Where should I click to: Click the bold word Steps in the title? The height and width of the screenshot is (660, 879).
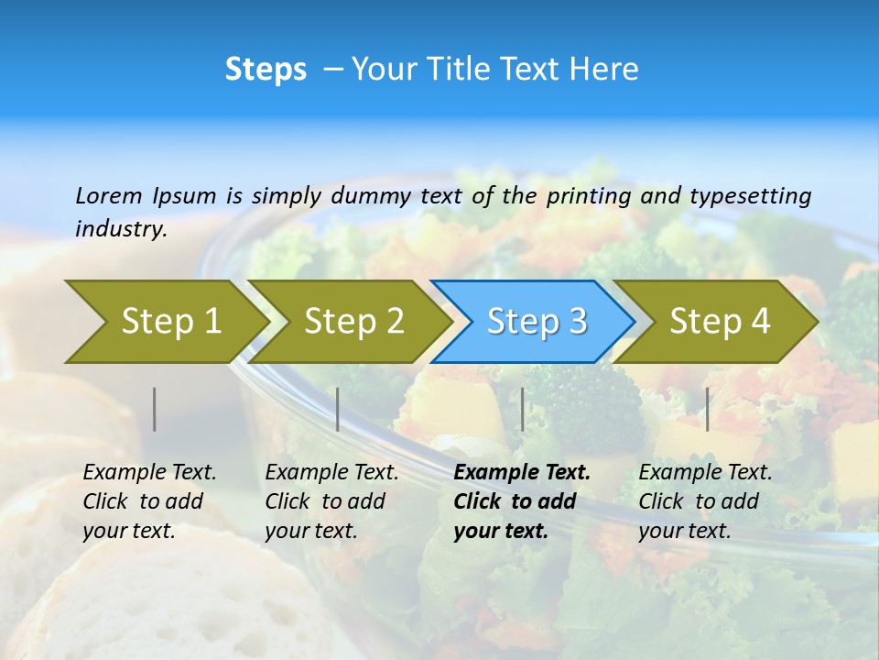(266, 70)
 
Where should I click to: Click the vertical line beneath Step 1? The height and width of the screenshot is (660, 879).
(155, 409)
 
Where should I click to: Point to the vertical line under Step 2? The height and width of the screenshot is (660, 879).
(338, 409)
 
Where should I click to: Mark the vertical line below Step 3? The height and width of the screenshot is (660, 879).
(523, 409)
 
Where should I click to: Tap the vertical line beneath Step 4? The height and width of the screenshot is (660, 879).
(708, 409)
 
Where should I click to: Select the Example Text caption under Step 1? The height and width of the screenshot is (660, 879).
(149, 501)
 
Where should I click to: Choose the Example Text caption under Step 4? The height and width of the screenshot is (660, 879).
(705, 501)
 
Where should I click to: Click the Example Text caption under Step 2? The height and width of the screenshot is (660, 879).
(331, 501)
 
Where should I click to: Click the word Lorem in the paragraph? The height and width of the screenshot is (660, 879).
(108, 195)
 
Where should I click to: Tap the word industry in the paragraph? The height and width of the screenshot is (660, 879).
(121, 229)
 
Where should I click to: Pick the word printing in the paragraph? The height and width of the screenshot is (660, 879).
(589, 196)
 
